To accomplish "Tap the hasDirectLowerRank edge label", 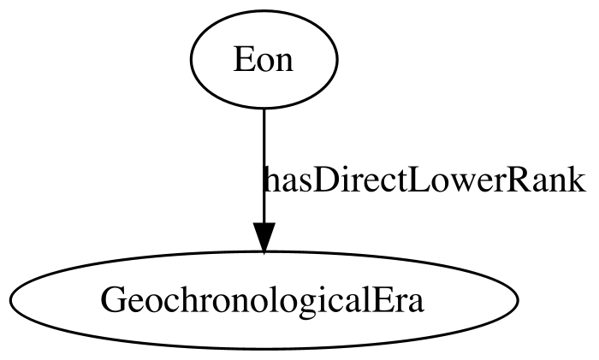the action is point(424,180).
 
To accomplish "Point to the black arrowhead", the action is point(264,238).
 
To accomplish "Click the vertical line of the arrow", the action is point(264,166).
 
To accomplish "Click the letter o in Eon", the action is point(264,63).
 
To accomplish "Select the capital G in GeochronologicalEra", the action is point(113,300).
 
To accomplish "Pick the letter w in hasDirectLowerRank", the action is point(459,184).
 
